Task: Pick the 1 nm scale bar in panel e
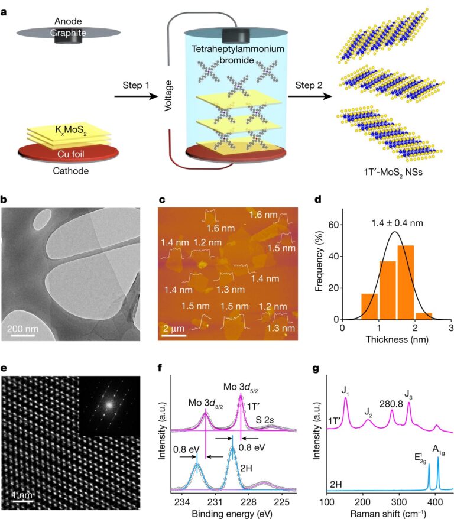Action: (x=21, y=502)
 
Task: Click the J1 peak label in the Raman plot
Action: (x=345, y=390)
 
